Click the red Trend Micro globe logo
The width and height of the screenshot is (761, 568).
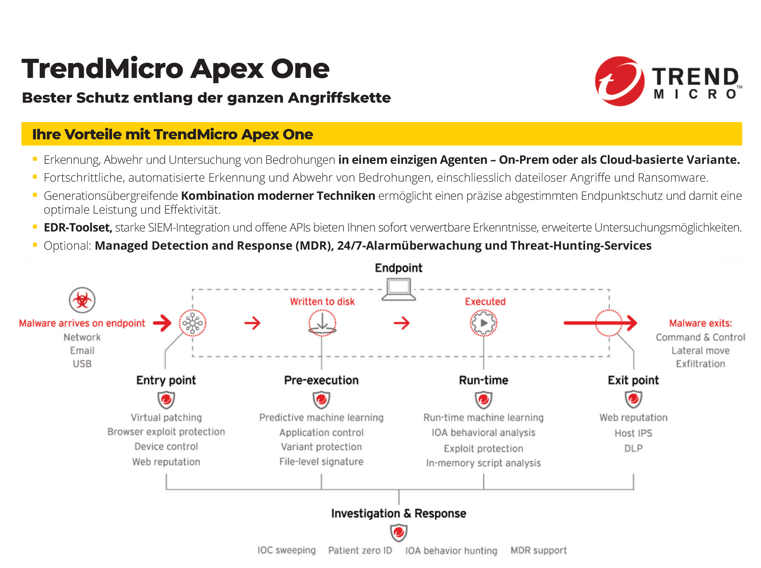pyautogui.click(x=619, y=82)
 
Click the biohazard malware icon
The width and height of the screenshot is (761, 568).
pyautogui.click(x=82, y=300)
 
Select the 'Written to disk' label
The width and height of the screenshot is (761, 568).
pyautogui.click(x=322, y=302)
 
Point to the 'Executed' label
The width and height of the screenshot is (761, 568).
pyautogui.click(x=485, y=302)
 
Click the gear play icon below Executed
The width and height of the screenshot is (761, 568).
pyautogui.click(x=483, y=323)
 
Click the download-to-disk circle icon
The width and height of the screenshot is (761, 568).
pyautogui.click(x=322, y=323)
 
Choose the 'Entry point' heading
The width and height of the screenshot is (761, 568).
pyautogui.click(x=166, y=380)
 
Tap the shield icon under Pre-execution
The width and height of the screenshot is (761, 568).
pyautogui.click(x=321, y=400)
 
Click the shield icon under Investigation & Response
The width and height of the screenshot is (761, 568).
pyautogui.click(x=399, y=532)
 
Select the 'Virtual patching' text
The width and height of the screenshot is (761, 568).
pyautogui.click(x=166, y=417)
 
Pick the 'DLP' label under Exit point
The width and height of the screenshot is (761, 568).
pyautogui.click(x=633, y=448)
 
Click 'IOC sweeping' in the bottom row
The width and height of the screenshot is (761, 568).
pyautogui.click(x=287, y=550)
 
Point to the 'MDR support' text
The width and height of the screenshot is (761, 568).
pyautogui.click(x=539, y=550)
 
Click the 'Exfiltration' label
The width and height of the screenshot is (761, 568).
pyautogui.click(x=701, y=364)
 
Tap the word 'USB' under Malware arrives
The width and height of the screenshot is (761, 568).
pyautogui.click(x=82, y=364)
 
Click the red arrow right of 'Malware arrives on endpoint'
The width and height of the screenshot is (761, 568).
pyautogui.click(x=162, y=323)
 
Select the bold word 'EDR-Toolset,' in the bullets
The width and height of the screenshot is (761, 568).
pyautogui.click(x=78, y=228)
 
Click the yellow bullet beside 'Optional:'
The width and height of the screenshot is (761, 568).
pyautogui.click(x=35, y=245)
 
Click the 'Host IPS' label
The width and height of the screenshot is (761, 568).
pyautogui.click(x=633, y=433)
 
